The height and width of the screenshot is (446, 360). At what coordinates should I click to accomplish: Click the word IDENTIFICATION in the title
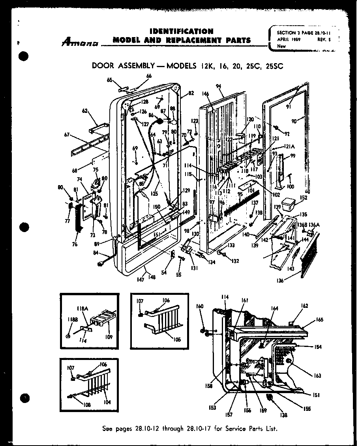pos(182,31)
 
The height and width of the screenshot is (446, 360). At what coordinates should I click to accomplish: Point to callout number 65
pos(109,80)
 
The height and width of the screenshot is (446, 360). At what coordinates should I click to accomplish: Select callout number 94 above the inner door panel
pos(218,86)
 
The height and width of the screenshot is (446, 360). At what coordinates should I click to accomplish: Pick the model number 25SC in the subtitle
pos(274,66)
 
